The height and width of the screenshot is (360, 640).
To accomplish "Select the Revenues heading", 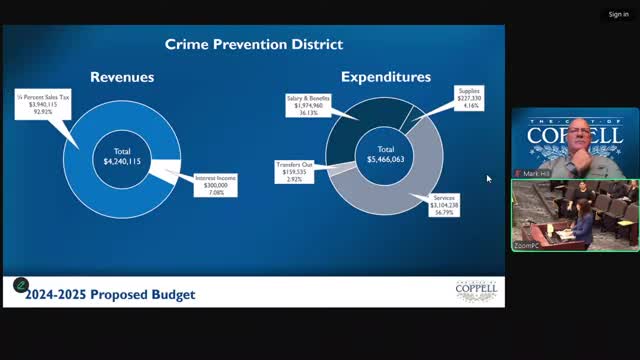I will click(123, 76).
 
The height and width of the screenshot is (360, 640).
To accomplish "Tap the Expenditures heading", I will click(386, 76).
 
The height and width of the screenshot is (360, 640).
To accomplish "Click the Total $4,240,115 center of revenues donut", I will click(123, 156).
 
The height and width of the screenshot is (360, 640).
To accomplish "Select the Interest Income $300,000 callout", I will click(215, 185).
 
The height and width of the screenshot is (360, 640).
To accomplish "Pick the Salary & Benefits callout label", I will click(307, 104).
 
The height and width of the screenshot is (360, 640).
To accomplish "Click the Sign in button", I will click(618, 15).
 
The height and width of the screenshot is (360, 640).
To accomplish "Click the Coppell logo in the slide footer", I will click(476, 291).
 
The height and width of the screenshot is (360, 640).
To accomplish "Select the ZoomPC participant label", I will click(528, 244).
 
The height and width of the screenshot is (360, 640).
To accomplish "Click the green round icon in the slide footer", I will click(20, 285).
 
